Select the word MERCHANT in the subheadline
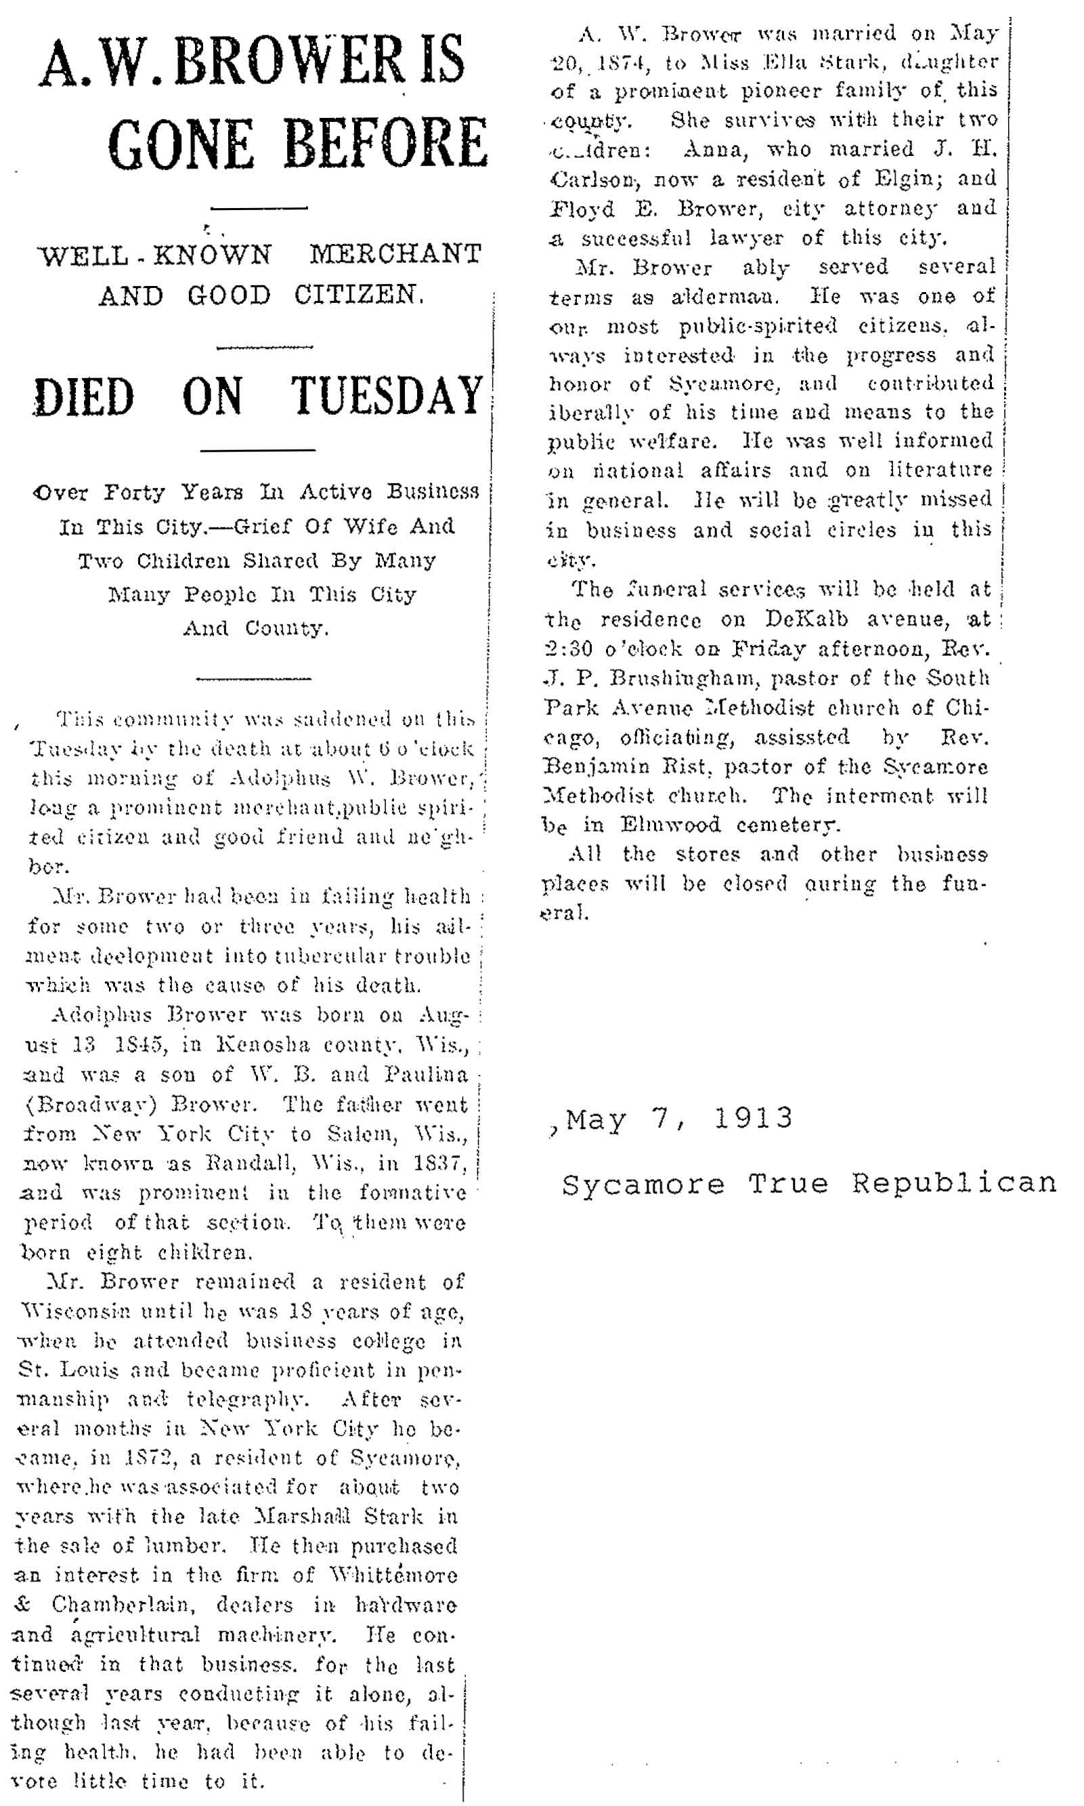click(395, 254)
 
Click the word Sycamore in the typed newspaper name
click(643, 1184)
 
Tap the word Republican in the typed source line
click(954, 1184)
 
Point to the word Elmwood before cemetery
click(670, 825)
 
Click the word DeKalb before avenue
click(806, 619)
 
